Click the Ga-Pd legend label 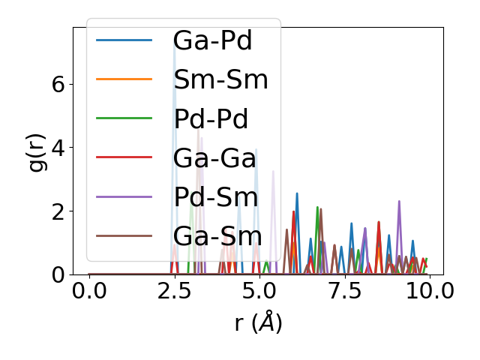coord(212,40)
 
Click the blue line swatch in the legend coord(124,40)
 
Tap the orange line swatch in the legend coord(124,79)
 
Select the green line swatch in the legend coord(124,119)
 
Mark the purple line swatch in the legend coord(124,197)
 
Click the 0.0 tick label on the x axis coord(89,291)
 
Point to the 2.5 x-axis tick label coord(174,291)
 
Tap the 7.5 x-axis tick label coord(344,291)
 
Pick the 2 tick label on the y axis coord(58,211)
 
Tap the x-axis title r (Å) coord(258,322)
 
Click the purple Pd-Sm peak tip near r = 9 coord(399,201)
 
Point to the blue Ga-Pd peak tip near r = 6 coord(297,193)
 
